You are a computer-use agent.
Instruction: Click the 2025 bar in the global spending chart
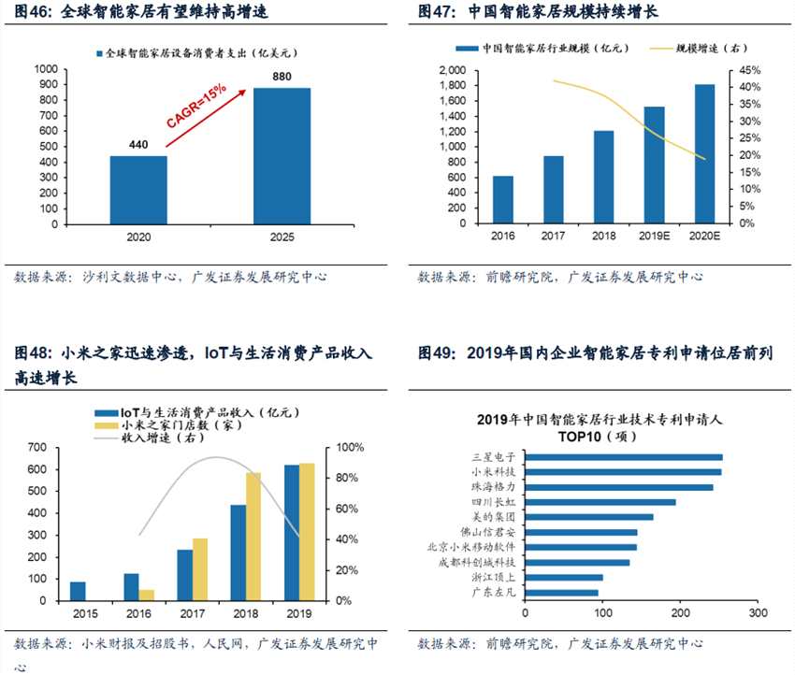click(x=282, y=156)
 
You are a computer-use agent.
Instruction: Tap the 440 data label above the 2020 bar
click(x=138, y=145)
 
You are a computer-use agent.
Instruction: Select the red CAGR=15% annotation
click(x=195, y=107)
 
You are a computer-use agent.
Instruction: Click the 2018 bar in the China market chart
click(x=603, y=177)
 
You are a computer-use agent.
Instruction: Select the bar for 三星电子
click(x=623, y=457)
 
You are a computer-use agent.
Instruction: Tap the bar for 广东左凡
click(x=561, y=592)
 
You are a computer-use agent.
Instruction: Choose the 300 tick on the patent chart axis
click(x=758, y=613)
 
